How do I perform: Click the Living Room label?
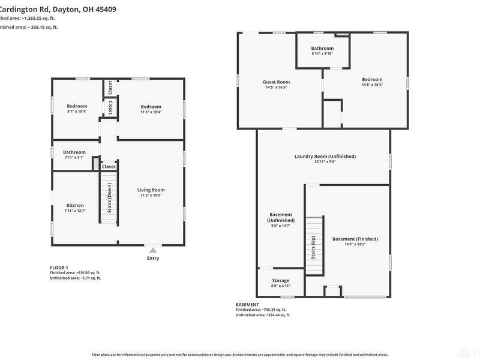(x=151, y=190)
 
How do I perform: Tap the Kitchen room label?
(x=75, y=206)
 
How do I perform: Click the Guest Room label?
(x=276, y=82)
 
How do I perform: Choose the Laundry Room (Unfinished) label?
(x=325, y=156)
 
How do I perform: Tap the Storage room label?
(x=280, y=280)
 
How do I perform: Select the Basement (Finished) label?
(x=355, y=239)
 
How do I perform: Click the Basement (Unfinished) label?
(x=281, y=217)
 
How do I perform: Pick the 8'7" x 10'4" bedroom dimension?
(x=77, y=112)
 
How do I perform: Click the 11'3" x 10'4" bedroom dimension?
(x=151, y=112)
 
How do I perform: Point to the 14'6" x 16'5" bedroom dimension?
(x=372, y=85)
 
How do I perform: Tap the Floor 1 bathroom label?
(x=74, y=152)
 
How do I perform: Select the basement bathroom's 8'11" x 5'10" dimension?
(x=322, y=54)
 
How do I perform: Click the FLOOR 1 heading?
(x=59, y=267)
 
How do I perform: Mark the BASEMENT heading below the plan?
(x=247, y=304)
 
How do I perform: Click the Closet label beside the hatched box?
(x=109, y=167)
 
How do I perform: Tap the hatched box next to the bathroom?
(x=95, y=163)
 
